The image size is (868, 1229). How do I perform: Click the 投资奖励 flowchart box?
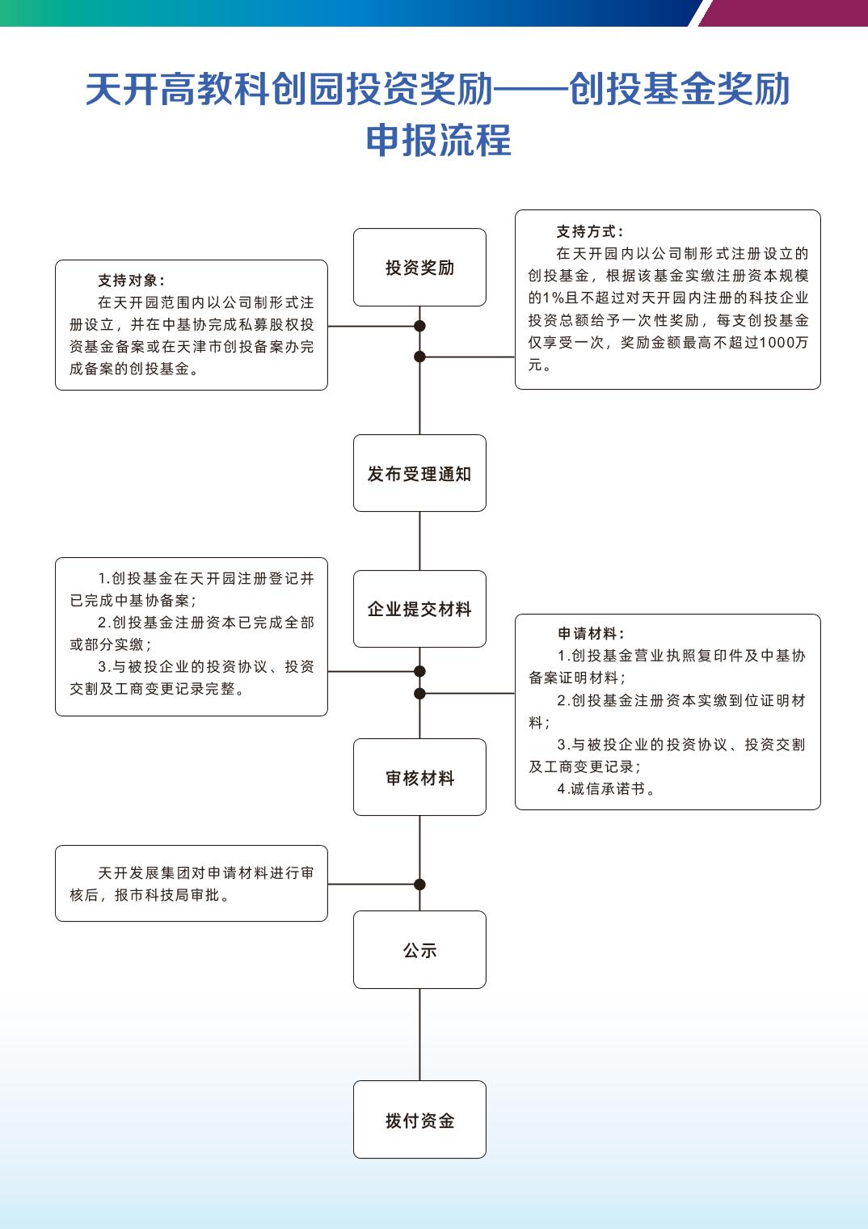pos(419,268)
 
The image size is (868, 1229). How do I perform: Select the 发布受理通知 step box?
pos(419,474)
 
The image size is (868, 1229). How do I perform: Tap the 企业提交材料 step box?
pos(419,610)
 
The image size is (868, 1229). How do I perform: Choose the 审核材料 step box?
pos(419,778)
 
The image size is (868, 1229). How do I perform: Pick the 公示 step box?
pos(419,950)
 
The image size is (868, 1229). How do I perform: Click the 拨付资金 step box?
pos(419,1120)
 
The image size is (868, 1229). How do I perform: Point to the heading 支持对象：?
pos(131,281)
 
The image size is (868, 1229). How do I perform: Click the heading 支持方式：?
pos(590,232)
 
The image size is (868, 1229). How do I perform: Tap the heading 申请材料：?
pos(591,634)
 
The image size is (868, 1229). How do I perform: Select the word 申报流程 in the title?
pos(438,141)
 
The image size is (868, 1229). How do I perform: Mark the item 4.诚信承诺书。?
pos(606,789)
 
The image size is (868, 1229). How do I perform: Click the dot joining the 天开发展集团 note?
pos(419,884)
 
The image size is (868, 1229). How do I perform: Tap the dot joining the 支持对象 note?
pos(419,327)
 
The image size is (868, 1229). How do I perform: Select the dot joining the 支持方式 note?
pos(419,357)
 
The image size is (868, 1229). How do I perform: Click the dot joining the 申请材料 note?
pos(419,693)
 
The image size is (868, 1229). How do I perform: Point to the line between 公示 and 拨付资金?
pos(419,1034)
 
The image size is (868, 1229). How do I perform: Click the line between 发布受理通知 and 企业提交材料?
pos(419,541)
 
